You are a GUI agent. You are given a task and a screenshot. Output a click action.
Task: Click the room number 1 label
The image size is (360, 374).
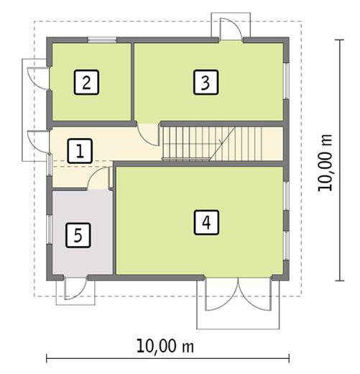tap(80, 151)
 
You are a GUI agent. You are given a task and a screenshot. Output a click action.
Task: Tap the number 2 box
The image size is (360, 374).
tap(86, 83)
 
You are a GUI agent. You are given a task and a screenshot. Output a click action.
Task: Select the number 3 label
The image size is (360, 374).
tap(205, 83)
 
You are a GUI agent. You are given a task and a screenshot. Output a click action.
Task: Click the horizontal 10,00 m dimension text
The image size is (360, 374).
tap(166, 345)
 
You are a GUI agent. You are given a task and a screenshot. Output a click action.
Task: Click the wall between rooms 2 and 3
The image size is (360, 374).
tap(132, 81)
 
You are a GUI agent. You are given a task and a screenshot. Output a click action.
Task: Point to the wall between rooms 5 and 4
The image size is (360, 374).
tap(114, 223)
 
